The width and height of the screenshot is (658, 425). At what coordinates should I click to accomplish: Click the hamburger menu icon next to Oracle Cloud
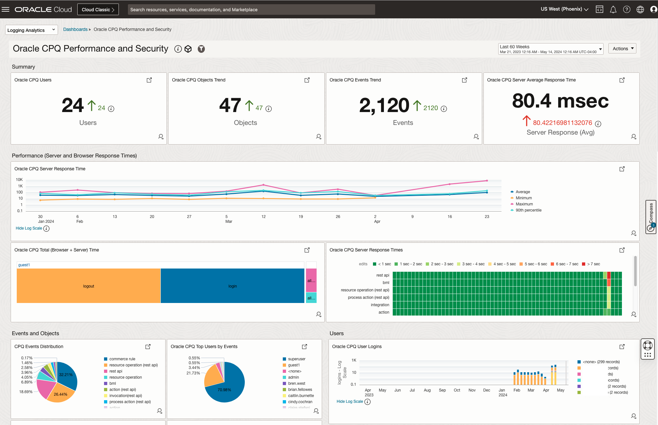click(5, 9)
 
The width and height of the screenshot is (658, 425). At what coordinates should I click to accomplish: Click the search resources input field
click(251, 10)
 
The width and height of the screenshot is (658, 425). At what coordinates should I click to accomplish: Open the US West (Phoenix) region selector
click(564, 9)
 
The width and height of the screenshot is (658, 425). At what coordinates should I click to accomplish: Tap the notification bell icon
click(613, 10)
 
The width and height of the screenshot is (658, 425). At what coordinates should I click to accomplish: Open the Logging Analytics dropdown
click(32, 30)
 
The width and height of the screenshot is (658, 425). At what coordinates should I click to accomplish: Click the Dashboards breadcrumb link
click(75, 29)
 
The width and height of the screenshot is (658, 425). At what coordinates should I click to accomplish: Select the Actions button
click(622, 49)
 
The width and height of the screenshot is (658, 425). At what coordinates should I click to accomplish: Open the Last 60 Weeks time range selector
click(550, 49)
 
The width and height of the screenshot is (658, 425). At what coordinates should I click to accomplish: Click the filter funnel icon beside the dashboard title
click(201, 49)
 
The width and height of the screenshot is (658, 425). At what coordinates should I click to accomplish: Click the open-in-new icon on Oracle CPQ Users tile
click(149, 80)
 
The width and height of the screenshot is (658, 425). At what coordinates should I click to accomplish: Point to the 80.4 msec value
click(560, 101)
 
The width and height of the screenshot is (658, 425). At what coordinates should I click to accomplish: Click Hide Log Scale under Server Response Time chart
click(29, 228)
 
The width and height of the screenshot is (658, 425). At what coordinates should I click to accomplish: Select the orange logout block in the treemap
click(89, 286)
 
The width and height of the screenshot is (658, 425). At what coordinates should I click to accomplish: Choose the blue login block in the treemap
click(232, 286)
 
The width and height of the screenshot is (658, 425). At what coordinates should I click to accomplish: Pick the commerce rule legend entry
click(122, 359)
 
